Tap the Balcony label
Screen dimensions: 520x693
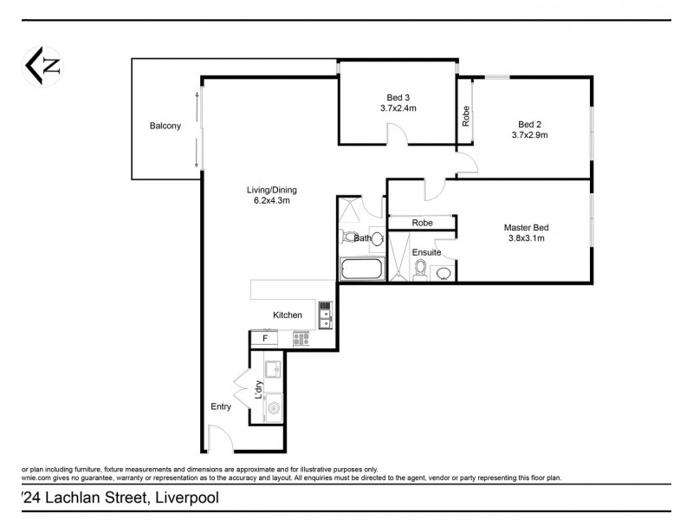tap(165, 127)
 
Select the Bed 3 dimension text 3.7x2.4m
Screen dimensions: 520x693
tap(398, 108)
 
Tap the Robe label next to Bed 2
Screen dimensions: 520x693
tap(466, 115)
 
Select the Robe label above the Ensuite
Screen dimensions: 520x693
tap(422, 223)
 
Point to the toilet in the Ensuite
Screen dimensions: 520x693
tap(421, 270)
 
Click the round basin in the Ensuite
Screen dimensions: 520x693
tap(443, 274)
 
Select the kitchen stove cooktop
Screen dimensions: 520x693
tap(301, 339)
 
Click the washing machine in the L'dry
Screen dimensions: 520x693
tap(273, 406)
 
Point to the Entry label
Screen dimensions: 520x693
tap(222, 406)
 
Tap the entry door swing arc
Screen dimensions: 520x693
tap(220, 438)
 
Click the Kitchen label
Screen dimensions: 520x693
tap(288, 315)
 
